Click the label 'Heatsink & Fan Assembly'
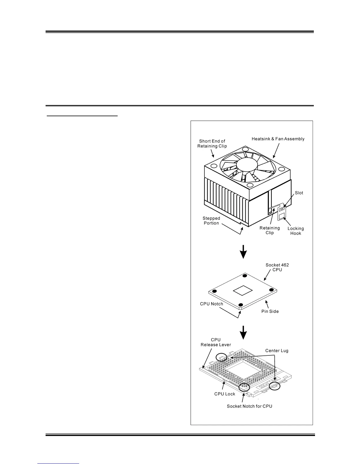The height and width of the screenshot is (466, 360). (x=278, y=139)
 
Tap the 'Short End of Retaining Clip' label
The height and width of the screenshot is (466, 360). (x=212, y=144)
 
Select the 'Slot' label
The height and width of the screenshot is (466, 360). (x=299, y=193)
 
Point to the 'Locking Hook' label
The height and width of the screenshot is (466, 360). (x=296, y=231)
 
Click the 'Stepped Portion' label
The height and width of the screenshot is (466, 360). (x=211, y=221)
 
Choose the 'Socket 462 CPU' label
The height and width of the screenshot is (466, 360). (x=277, y=267)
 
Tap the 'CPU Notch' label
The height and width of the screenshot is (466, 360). (x=211, y=304)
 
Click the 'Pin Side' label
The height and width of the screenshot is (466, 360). (x=270, y=311)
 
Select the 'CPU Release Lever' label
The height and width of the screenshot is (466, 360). (x=216, y=342)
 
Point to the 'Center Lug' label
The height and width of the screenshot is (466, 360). (x=276, y=351)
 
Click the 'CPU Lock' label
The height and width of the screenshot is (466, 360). (x=224, y=394)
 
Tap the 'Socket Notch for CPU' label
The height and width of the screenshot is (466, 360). (x=249, y=406)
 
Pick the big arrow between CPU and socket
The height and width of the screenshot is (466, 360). (x=243, y=332)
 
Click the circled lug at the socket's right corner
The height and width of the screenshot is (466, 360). (x=275, y=386)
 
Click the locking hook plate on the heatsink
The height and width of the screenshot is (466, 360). (x=282, y=213)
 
